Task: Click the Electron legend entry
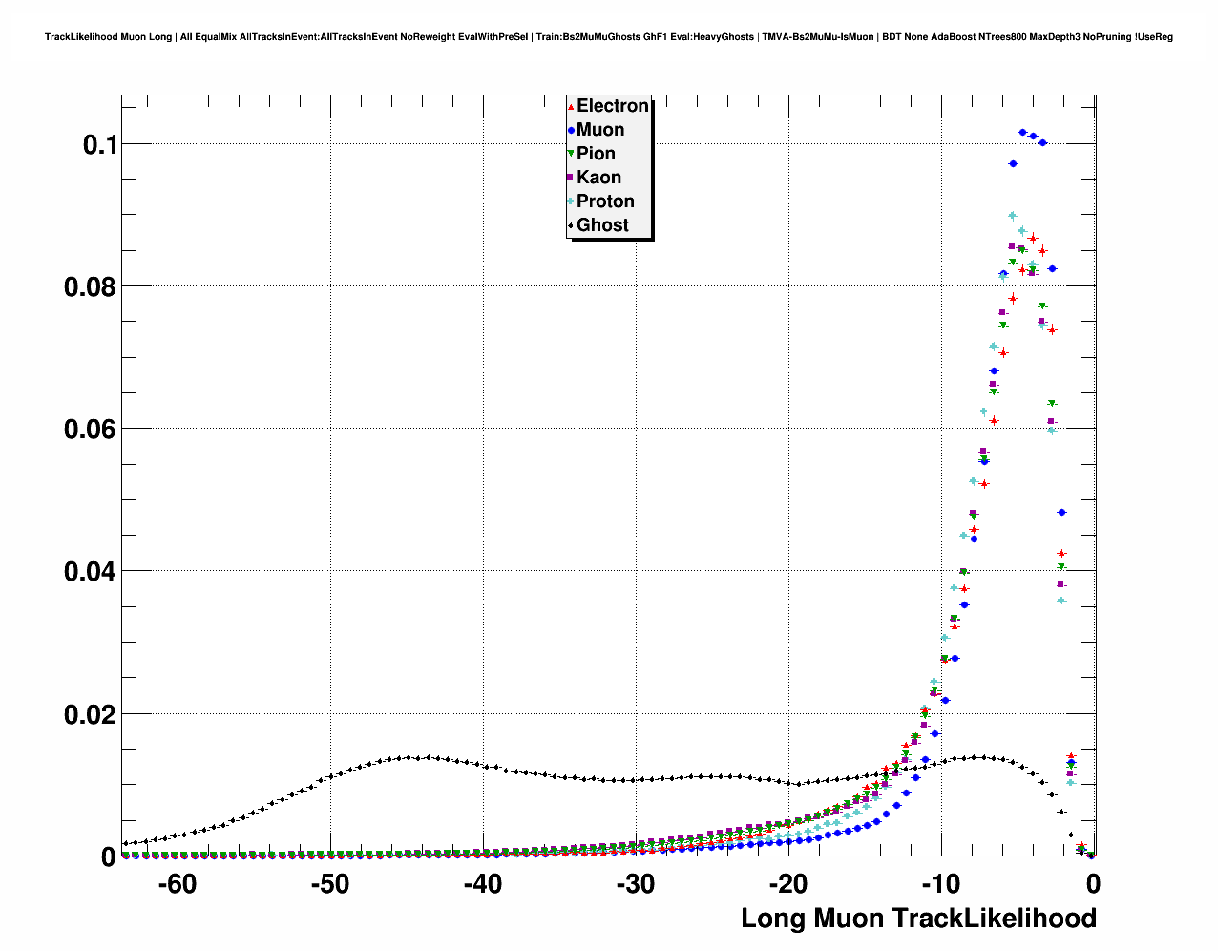pos(612,106)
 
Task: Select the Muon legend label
pos(599,130)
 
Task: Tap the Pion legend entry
pos(596,154)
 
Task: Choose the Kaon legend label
pos(598,178)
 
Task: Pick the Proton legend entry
pos(605,201)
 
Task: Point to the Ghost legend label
pos(602,225)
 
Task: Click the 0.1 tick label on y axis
pos(99,145)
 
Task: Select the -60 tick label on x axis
pos(177,884)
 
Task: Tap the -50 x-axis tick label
pos(329,884)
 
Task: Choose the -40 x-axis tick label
pos(482,884)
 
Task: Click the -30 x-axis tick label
pos(635,884)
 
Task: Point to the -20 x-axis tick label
pos(787,884)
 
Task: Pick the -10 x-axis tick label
pos(940,884)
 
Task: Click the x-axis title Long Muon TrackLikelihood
pos(918,919)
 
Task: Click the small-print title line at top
pos(609,37)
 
